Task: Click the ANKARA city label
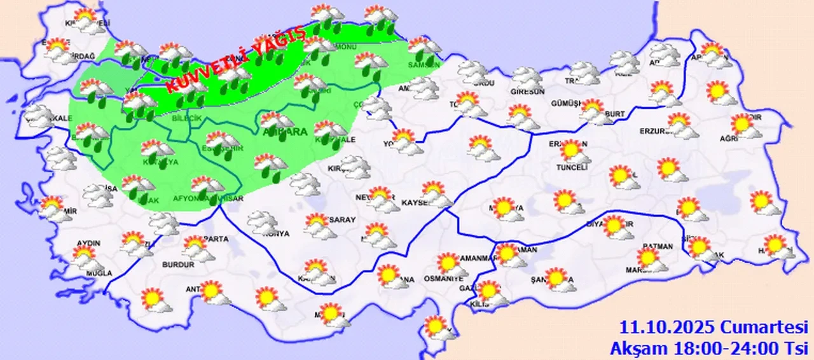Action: tap(285, 132)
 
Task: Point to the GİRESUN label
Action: tap(528, 92)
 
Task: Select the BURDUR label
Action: tap(178, 265)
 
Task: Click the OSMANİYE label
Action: tap(445, 279)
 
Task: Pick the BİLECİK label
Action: tap(186, 119)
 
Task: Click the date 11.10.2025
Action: tap(668, 328)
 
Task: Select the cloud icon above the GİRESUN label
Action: tap(527, 78)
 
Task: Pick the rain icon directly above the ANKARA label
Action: tap(277, 121)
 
